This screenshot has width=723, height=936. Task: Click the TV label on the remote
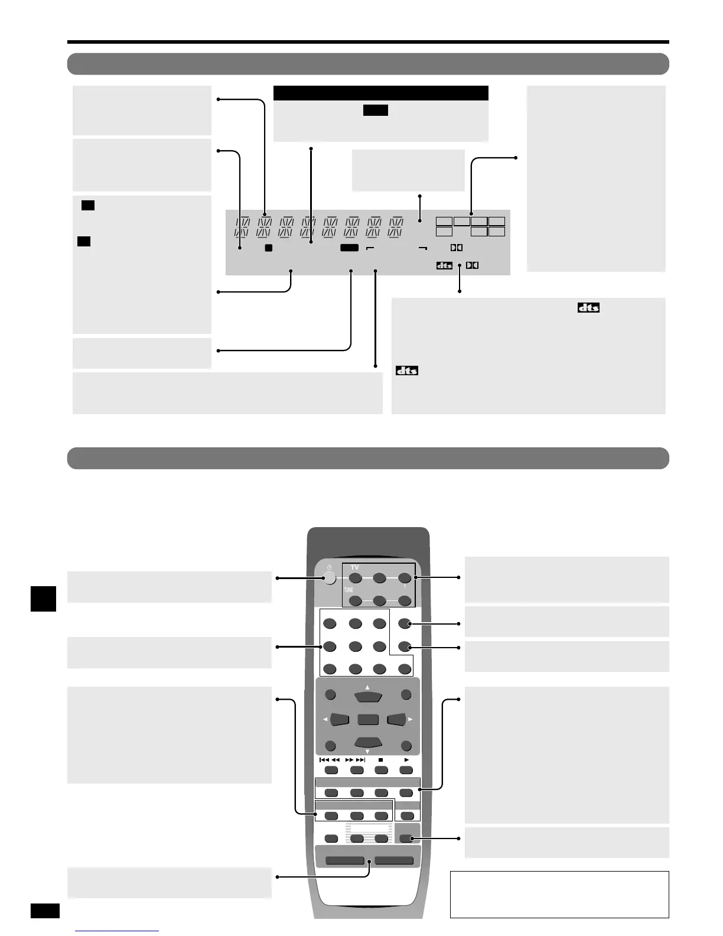point(354,567)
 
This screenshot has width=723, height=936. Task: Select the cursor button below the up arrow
point(367,697)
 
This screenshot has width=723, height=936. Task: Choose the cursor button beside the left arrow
point(340,719)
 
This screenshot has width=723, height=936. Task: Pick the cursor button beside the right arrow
point(396,719)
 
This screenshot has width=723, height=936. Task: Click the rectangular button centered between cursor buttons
point(367,720)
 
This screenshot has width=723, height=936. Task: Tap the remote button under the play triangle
point(406,770)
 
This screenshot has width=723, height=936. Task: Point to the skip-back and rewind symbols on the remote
point(330,760)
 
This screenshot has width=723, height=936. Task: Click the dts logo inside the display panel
point(444,265)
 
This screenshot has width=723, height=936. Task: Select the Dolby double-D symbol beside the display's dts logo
point(472,265)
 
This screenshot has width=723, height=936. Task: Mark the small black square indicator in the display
point(268,248)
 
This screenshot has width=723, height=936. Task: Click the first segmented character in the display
point(243,227)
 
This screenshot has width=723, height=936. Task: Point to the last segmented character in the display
point(396,227)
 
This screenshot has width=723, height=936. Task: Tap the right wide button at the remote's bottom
point(394,860)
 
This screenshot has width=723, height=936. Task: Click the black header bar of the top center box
point(380,93)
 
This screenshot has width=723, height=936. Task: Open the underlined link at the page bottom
point(117,932)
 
